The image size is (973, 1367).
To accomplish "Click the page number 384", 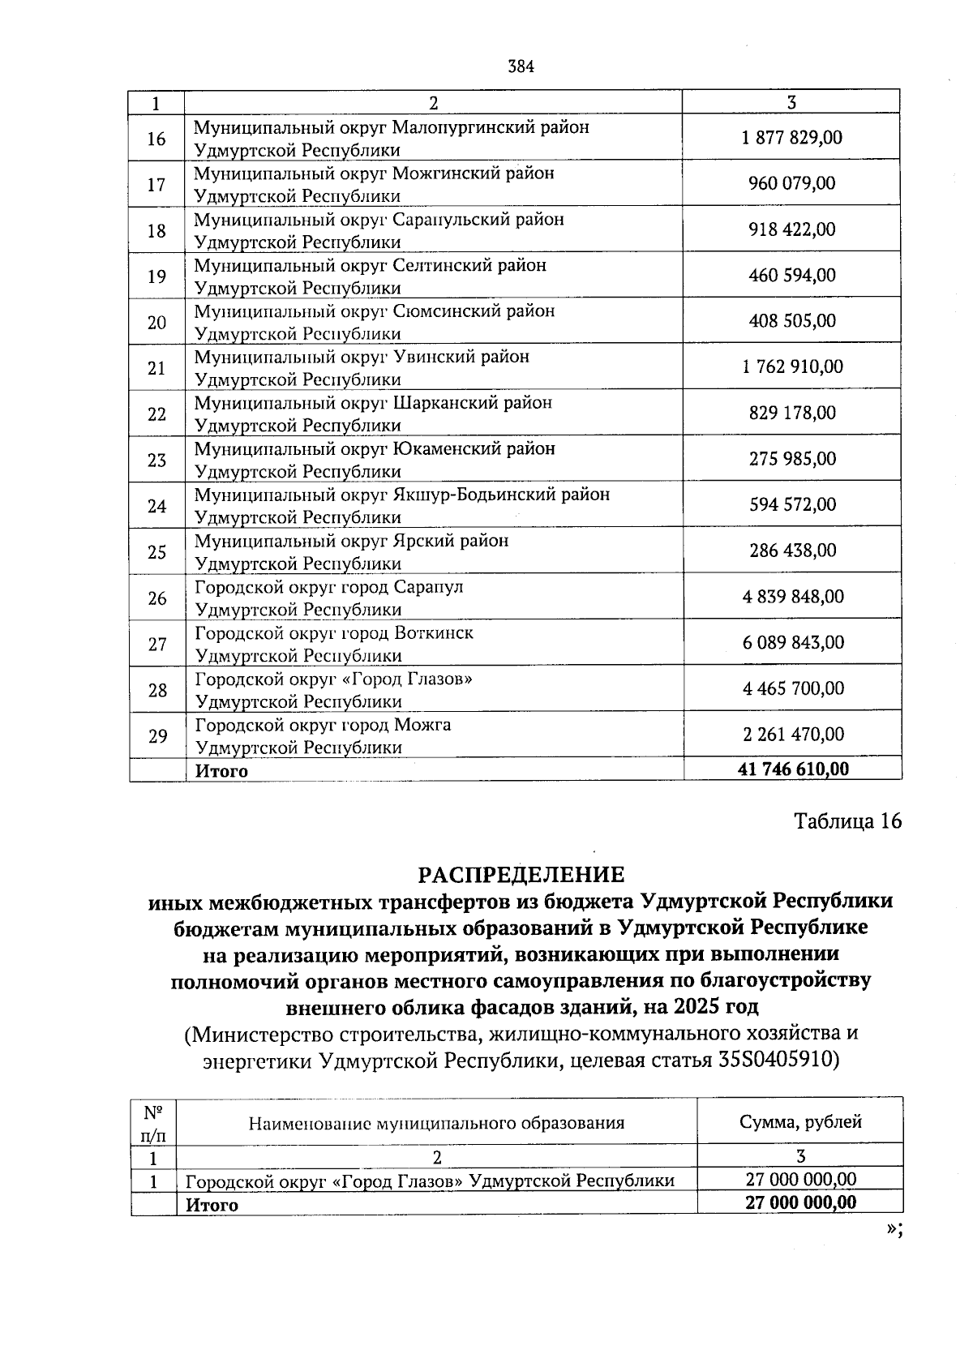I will tap(521, 67).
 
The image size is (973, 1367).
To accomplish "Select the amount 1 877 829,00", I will tap(791, 138).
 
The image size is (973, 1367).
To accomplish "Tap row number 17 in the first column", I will tap(156, 185).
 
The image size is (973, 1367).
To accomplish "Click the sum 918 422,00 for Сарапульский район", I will tap(791, 229).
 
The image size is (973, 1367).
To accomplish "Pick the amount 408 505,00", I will tap(791, 321).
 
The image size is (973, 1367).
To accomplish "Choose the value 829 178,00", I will tap(791, 413).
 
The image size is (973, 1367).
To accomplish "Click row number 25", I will tap(156, 552).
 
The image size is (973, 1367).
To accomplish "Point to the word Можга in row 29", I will tap(422, 725).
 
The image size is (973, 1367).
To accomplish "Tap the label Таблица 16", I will tap(847, 821).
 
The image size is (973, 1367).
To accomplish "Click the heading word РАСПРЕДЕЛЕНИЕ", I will tap(521, 875).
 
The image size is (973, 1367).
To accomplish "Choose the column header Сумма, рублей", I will tap(800, 1122).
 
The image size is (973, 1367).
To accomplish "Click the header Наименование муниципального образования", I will tap(436, 1123).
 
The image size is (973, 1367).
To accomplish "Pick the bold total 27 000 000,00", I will tap(800, 1202).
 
